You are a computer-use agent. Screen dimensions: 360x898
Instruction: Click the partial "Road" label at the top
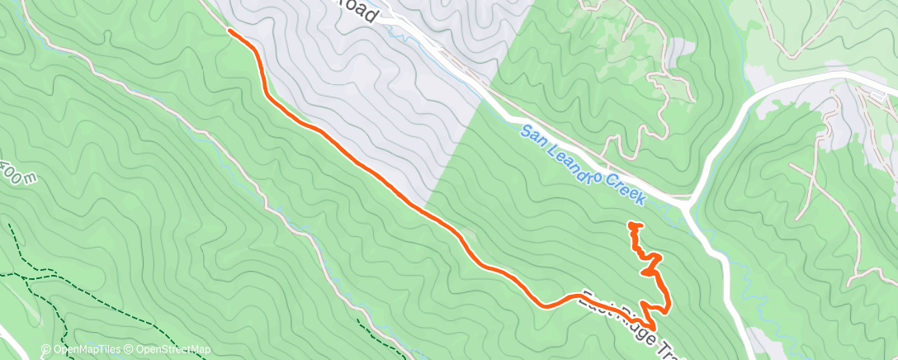[360, 12]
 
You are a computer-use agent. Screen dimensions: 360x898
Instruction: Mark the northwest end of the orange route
[229, 31]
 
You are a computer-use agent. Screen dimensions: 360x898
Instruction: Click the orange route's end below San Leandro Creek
[632, 225]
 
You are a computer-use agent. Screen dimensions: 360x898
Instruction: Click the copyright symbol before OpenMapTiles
[46, 350]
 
